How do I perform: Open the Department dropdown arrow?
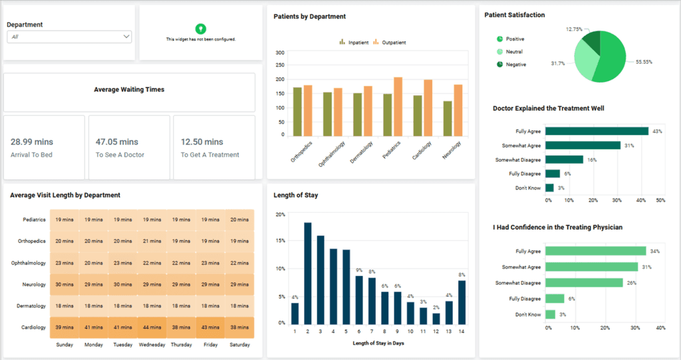coord(126,37)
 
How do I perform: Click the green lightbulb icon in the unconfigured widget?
coord(200,29)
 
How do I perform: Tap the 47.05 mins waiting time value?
coord(117,142)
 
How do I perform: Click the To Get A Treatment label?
coord(209,155)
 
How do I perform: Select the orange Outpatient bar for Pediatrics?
coord(398,106)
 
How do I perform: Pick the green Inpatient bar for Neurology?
coord(448,118)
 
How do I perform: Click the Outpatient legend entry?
coord(389,42)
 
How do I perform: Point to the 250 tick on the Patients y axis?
coord(280,65)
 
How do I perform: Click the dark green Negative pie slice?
coord(592,41)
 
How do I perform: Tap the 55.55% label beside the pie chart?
coord(644,62)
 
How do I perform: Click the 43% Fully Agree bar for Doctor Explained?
coord(597,131)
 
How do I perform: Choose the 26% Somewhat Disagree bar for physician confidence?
coord(584,283)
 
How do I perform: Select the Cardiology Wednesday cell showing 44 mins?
coord(152,327)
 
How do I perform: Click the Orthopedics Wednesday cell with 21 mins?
coord(152,241)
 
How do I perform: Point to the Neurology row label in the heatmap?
coord(34,284)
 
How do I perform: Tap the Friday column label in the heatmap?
coord(210,345)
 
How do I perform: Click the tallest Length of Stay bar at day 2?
coord(307,273)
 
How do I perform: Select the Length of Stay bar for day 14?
coord(462,303)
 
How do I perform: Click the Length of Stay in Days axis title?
coord(378,343)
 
